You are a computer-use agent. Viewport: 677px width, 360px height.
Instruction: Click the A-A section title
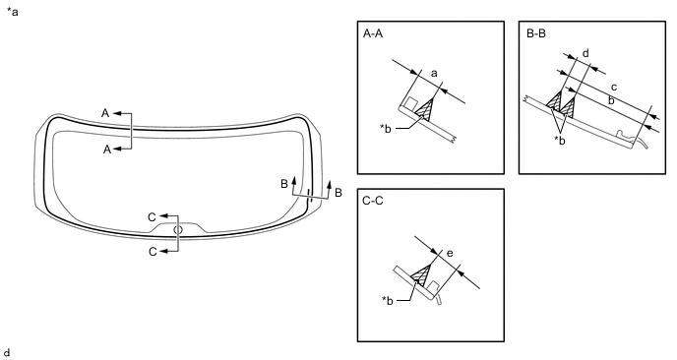click(373, 33)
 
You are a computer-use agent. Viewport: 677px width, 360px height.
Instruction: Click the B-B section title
click(536, 33)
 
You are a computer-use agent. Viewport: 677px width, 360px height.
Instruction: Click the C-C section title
click(374, 202)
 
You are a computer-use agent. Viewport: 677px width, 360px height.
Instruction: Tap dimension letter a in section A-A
click(434, 74)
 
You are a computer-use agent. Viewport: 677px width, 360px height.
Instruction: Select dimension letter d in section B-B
click(585, 53)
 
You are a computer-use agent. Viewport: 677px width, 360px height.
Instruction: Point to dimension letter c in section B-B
click(614, 88)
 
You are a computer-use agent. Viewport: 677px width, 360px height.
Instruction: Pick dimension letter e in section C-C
click(450, 253)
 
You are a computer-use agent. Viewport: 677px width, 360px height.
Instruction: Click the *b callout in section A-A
click(386, 129)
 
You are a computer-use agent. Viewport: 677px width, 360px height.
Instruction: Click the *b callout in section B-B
click(560, 141)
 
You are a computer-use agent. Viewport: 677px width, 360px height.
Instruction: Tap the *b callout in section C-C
click(388, 300)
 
